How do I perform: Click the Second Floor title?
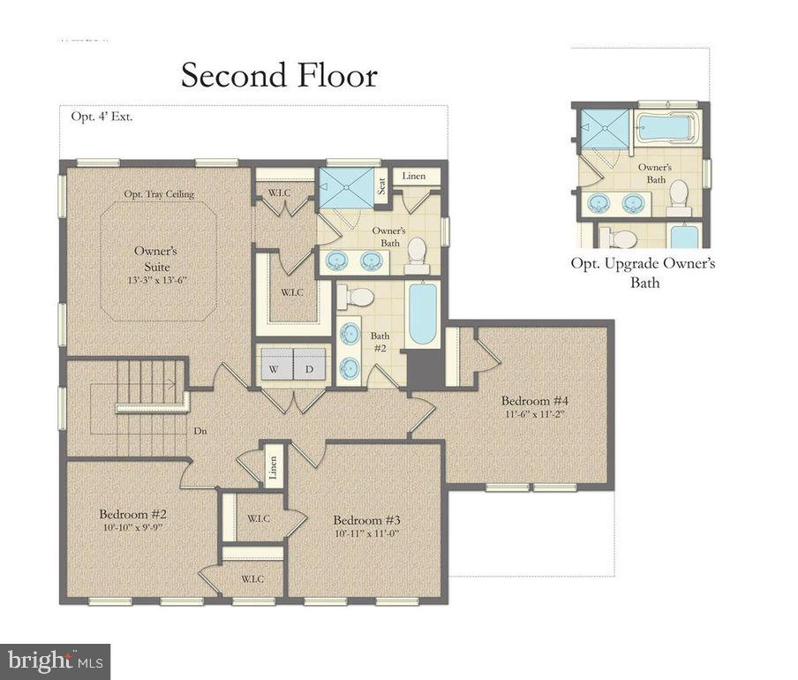tap(279, 75)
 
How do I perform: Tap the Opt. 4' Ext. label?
tap(102, 117)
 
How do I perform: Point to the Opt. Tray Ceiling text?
tap(159, 194)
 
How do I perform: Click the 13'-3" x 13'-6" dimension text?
tap(158, 280)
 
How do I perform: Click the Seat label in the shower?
tap(381, 187)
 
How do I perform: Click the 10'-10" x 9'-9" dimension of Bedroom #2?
tap(132, 528)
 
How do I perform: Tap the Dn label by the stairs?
tap(201, 431)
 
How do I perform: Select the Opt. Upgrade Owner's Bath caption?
tap(643, 273)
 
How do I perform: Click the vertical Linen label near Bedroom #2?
tap(274, 469)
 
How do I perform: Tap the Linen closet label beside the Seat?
tap(413, 177)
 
